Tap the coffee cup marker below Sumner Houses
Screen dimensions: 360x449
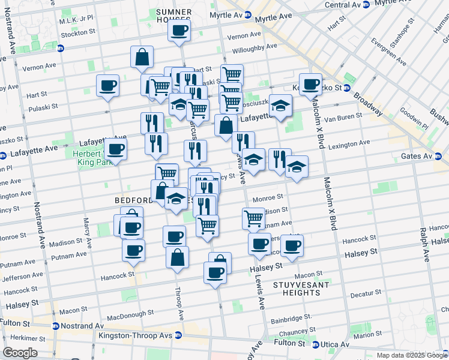click(179, 31)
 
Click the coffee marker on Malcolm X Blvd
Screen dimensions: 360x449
click(310, 85)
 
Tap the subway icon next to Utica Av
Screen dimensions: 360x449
click(316, 344)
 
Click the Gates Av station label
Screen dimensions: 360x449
click(416, 156)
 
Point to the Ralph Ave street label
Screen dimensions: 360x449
click(424, 244)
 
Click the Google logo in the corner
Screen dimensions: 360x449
click(20, 353)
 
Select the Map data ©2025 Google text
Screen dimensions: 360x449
click(412, 355)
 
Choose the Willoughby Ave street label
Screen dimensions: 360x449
click(254, 46)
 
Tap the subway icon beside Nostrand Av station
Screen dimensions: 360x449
click(55, 326)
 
